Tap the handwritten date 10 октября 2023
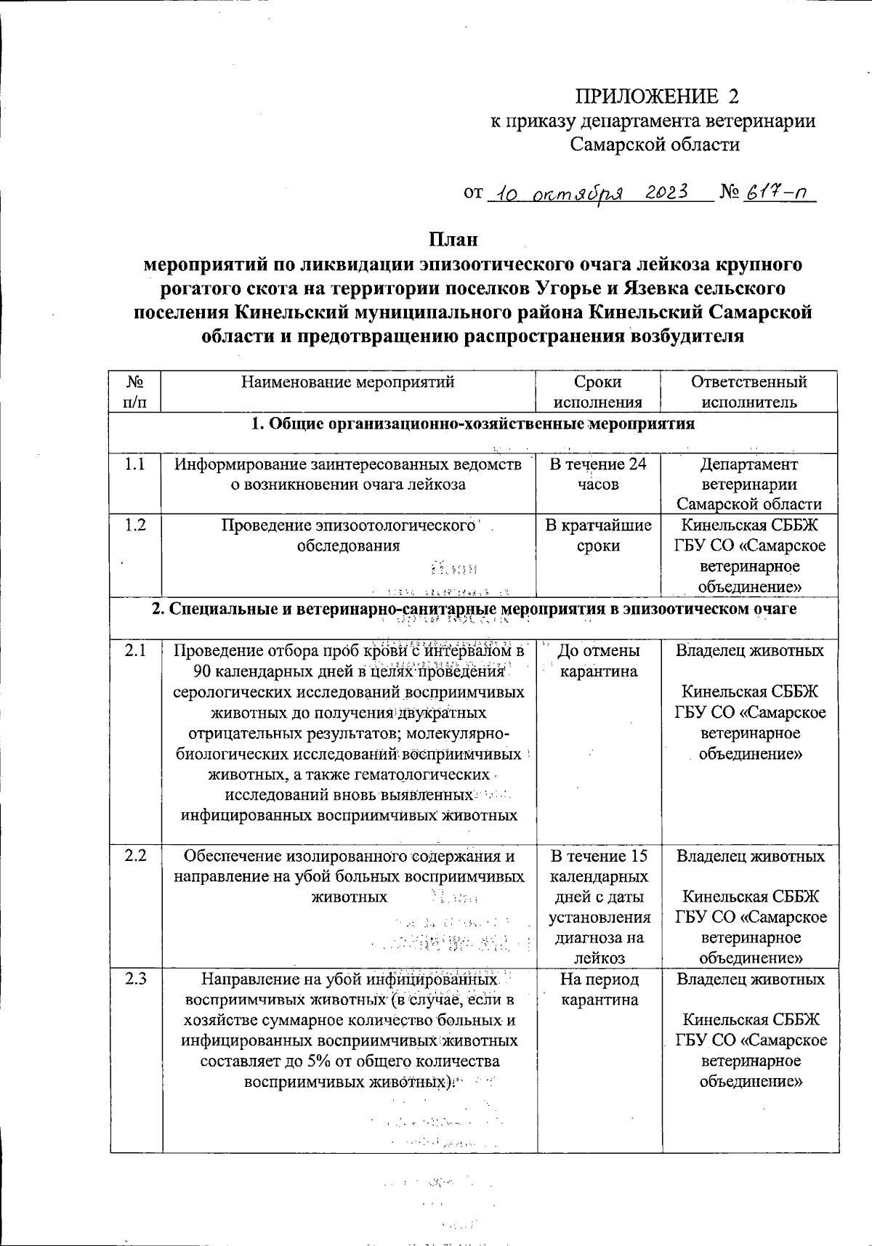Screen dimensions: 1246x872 [x=587, y=195]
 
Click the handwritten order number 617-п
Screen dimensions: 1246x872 [x=777, y=195]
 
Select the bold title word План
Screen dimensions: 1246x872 [x=453, y=240]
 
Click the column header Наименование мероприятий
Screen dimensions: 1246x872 [x=347, y=382]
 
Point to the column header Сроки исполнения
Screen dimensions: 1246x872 [x=597, y=392]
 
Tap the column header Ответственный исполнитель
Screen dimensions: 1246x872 [x=748, y=392]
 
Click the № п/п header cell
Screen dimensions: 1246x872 [x=134, y=392]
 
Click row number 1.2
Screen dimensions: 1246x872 [x=134, y=525]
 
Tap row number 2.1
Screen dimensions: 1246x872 [x=134, y=651]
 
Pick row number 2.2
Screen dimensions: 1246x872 [x=134, y=856]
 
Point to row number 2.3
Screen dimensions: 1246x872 [x=134, y=979]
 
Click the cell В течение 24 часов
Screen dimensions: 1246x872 [x=597, y=474]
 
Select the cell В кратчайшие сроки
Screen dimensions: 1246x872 [x=597, y=535]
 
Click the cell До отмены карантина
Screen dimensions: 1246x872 [x=597, y=661]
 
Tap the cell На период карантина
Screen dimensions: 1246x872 [x=597, y=990]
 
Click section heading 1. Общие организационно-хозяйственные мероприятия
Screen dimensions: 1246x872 [x=473, y=424]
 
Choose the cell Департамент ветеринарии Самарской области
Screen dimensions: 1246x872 [x=748, y=484]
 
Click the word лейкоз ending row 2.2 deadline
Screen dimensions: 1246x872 [x=599, y=958]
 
